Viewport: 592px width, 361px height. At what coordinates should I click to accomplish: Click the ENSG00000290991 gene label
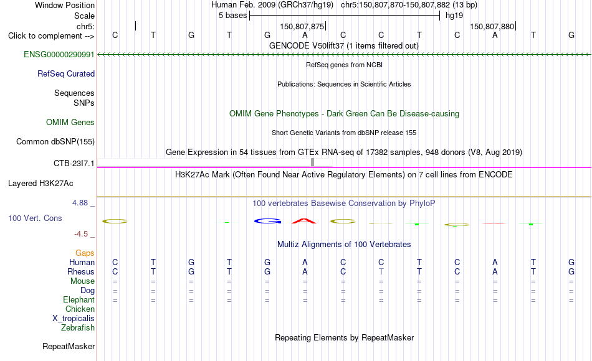(x=59, y=54)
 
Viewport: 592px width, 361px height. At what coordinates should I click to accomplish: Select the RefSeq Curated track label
(x=66, y=73)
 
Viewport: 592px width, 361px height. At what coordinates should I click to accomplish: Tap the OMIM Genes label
(x=70, y=122)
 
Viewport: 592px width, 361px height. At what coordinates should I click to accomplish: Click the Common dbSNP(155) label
(x=55, y=141)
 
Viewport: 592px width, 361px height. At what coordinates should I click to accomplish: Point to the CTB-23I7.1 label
(x=74, y=163)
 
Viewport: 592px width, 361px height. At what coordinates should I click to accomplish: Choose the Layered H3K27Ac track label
(x=41, y=184)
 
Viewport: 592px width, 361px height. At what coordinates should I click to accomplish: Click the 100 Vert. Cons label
(x=35, y=218)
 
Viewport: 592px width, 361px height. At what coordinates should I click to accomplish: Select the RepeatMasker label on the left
(x=69, y=346)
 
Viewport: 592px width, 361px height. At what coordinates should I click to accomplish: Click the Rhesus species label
(x=81, y=271)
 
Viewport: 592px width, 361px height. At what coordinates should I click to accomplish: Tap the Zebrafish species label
(x=78, y=327)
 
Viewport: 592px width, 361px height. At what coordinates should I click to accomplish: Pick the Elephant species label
(x=79, y=299)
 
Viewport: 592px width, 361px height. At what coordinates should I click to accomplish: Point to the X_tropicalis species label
(x=74, y=319)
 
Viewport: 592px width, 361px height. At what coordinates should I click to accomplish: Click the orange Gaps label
(x=85, y=253)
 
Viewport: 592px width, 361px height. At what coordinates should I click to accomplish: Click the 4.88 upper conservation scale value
(x=80, y=203)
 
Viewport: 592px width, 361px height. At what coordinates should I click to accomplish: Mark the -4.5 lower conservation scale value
(x=81, y=234)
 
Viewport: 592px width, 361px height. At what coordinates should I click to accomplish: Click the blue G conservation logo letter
(x=267, y=221)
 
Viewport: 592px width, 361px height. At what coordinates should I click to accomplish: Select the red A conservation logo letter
(x=304, y=221)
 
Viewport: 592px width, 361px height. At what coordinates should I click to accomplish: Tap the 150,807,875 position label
(x=302, y=26)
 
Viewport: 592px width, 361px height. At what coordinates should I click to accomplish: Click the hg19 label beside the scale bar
(x=454, y=16)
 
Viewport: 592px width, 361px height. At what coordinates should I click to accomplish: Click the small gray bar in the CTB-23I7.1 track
(x=312, y=162)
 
